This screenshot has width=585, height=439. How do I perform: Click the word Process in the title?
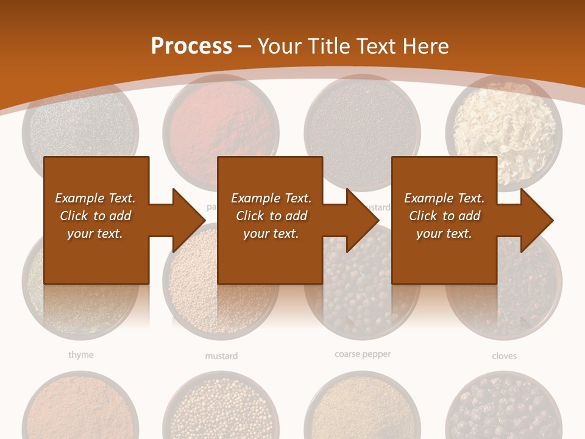pyautogui.click(x=191, y=46)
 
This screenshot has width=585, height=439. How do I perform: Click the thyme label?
pyautogui.click(x=80, y=355)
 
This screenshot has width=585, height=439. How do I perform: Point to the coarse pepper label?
pyautogui.click(x=363, y=354)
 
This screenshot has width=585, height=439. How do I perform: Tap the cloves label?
pyautogui.click(x=504, y=356)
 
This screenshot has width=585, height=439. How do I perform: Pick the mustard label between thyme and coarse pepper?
pyautogui.click(x=221, y=356)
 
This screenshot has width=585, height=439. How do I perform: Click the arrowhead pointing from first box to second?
pyautogui.click(x=188, y=220)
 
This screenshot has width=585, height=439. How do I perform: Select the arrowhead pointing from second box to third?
pyautogui.click(x=362, y=220)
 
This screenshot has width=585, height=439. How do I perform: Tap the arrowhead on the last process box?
pyautogui.click(x=536, y=220)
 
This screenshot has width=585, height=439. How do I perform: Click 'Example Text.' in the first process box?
pyautogui.click(x=95, y=198)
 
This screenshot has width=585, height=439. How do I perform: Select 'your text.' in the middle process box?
pyautogui.click(x=271, y=234)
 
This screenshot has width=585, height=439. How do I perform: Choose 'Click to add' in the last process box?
pyautogui.click(x=444, y=216)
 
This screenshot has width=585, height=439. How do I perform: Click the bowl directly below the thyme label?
pyautogui.click(x=80, y=405)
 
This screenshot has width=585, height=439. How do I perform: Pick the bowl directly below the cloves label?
pyautogui.click(x=503, y=405)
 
